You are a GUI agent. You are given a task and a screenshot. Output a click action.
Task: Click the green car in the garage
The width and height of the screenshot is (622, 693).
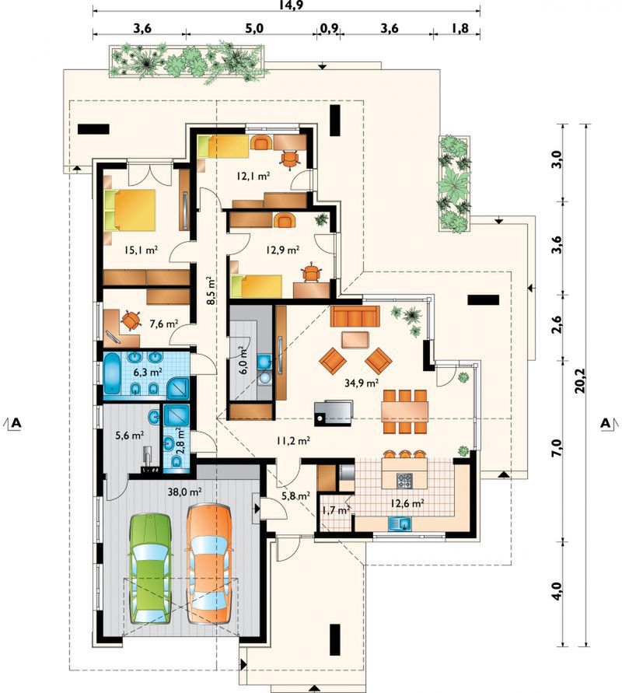tap(150, 568)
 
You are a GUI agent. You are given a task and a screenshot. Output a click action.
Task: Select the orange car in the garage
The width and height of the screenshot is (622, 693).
tap(209, 564)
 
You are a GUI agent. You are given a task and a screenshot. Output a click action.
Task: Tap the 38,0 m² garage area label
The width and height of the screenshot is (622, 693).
tap(185, 491)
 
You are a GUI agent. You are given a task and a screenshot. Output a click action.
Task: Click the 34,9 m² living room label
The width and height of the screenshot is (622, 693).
tap(362, 383)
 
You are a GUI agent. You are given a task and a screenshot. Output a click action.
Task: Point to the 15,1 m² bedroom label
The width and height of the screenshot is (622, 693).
tap(142, 250)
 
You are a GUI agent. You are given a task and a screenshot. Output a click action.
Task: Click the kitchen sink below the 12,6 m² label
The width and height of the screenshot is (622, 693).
tap(400, 523)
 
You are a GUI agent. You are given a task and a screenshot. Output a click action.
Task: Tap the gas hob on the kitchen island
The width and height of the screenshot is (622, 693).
tap(404, 481)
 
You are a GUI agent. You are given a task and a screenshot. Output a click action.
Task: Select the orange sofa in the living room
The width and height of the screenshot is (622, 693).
tap(355, 316)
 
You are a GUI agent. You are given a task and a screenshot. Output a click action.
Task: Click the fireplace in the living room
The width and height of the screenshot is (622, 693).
tap(334, 413)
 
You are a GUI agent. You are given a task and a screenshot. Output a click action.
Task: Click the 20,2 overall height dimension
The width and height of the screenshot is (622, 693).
tap(579, 380)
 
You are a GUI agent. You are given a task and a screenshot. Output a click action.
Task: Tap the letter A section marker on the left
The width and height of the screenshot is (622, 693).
tap(16, 423)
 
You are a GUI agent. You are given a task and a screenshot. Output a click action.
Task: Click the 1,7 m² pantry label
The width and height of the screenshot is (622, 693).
tap(336, 510)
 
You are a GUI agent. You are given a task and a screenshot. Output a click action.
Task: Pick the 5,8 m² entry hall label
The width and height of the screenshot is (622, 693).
tap(295, 496)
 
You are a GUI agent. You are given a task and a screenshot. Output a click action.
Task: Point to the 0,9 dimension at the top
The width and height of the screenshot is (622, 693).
tap(329, 28)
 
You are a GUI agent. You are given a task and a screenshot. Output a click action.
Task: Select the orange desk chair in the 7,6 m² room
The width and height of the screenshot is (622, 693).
tap(131, 320)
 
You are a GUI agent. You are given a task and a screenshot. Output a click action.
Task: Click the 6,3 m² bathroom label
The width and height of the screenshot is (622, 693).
tap(148, 372)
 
